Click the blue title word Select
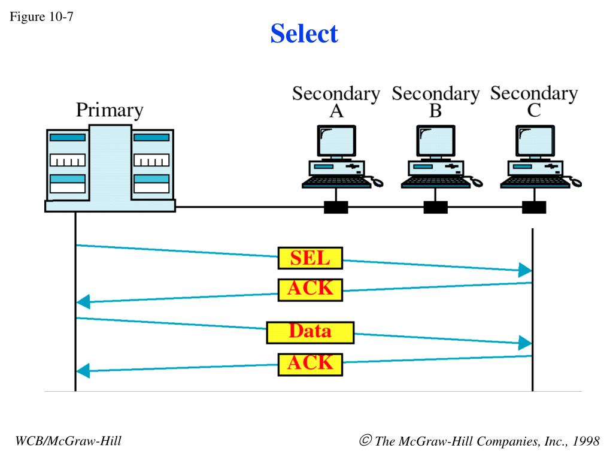[x=304, y=34]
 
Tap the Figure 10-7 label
[x=41, y=17]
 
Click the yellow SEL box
[x=310, y=258]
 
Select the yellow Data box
[x=310, y=332]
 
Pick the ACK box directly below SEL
[x=310, y=290]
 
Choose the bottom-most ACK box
[x=310, y=365]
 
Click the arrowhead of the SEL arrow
[x=525, y=270]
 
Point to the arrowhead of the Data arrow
[x=525, y=343]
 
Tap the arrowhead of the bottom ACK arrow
[x=83, y=371]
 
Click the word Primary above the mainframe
[x=110, y=110]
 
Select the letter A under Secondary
[x=336, y=111]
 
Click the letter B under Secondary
[x=436, y=111]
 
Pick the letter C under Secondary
[x=534, y=111]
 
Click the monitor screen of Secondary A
[x=336, y=140]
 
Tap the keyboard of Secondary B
[x=435, y=182]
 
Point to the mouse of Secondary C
[x=576, y=182]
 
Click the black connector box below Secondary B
[x=436, y=207]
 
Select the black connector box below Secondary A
[x=336, y=207]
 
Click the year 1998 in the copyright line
[x=585, y=441]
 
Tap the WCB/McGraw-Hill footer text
[x=68, y=441]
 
